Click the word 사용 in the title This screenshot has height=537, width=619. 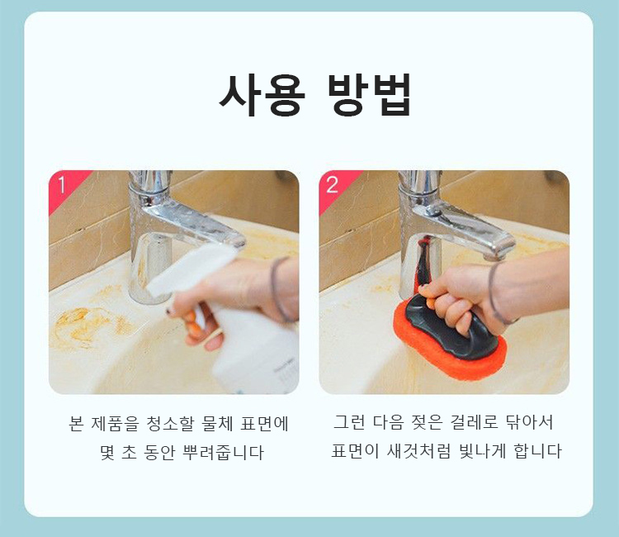click(262, 94)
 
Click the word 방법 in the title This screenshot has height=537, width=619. click(371, 94)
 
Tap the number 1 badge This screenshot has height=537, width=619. click(62, 185)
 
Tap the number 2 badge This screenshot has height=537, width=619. click(333, 185)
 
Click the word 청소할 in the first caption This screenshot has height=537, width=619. click(170, 423)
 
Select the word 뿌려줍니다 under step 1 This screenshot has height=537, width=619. click(223, 452)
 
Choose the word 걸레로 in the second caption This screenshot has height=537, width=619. click(475, 422)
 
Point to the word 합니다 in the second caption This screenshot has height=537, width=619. click(537, 451)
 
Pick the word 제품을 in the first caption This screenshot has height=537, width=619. click(115, 423)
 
